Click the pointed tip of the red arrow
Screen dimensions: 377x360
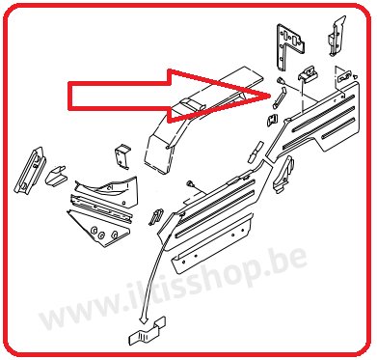(x=269, y=95)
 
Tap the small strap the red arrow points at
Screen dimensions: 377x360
(x=279, y=97)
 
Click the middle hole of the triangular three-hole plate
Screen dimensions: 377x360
(x=101, y=235)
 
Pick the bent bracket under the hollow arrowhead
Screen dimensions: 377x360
(x=148, y=334)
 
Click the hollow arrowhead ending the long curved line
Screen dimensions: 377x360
(x=144, y=319)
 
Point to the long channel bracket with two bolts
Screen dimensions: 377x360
(x=30, y=171)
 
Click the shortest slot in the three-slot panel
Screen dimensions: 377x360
(x=338, y=127)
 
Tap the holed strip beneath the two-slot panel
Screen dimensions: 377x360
(x=212, y=243)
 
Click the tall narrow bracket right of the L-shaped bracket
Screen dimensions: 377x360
(x=337, y=37)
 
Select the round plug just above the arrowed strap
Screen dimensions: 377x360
(x=280, y=80)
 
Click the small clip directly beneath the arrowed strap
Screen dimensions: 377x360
(x=273, y=120)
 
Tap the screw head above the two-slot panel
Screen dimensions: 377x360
(x=189, y=183)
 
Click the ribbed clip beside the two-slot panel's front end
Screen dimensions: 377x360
(x=155, y=215)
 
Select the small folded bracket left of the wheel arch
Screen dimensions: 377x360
(x=122, y=156)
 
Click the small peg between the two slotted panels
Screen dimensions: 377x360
(x=256, y=151)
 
